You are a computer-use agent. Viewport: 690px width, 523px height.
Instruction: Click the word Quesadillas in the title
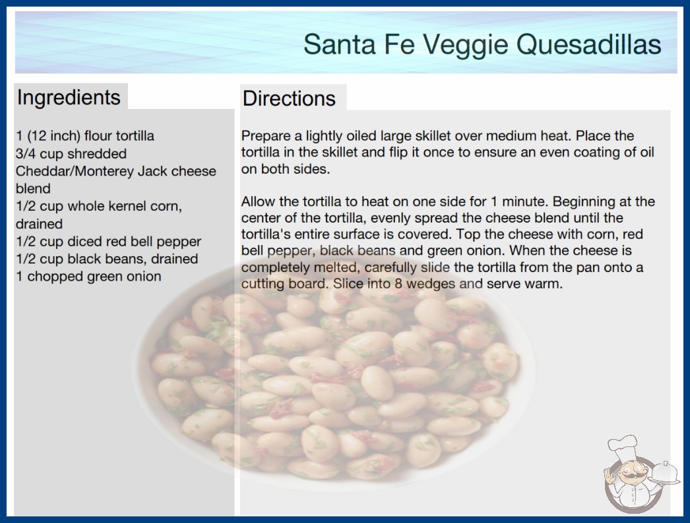(588, 44)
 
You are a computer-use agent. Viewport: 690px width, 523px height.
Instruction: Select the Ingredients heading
(69, 97)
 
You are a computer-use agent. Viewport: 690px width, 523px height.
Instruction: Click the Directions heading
(289, 98)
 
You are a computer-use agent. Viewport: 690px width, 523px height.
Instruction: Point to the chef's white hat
(622, 446)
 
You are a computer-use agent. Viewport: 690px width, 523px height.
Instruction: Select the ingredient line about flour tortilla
(85, 136)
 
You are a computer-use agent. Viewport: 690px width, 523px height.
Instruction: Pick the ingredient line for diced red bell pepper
(108, 242)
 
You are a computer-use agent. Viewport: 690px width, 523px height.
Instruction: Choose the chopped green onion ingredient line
(88, 276)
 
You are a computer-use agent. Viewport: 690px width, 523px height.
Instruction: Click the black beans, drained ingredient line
(107, 259)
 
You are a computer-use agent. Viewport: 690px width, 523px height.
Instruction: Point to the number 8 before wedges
(398, 283)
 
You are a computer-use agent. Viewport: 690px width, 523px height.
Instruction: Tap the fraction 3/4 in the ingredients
(26, 153)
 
